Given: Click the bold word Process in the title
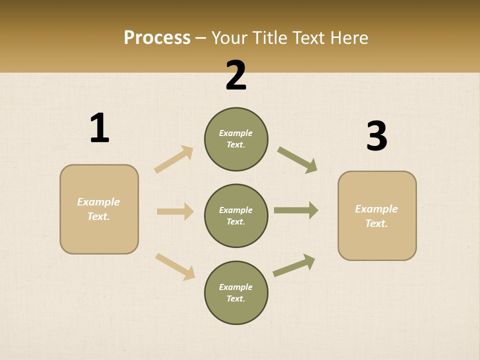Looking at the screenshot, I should pyautogui.click(x=157, y=37).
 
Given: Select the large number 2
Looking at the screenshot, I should pyautogui.click(x=236, y=75).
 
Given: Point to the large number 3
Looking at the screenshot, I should pyautogui.click(x=376, y=136).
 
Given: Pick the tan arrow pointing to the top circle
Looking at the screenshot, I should pyautogui.click(x=173, y=159).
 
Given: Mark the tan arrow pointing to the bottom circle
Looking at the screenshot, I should pyautogui.click(x=175, y=266).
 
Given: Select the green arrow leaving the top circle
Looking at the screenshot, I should pyautogui.click(x=297, y=160).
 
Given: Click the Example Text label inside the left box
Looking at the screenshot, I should pyautogui.click(x=98, y=209).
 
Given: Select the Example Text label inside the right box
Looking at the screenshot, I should pyautogui.click(x=376, y=216).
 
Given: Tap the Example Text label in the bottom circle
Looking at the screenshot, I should pyautogui.click(x=235, y=292).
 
